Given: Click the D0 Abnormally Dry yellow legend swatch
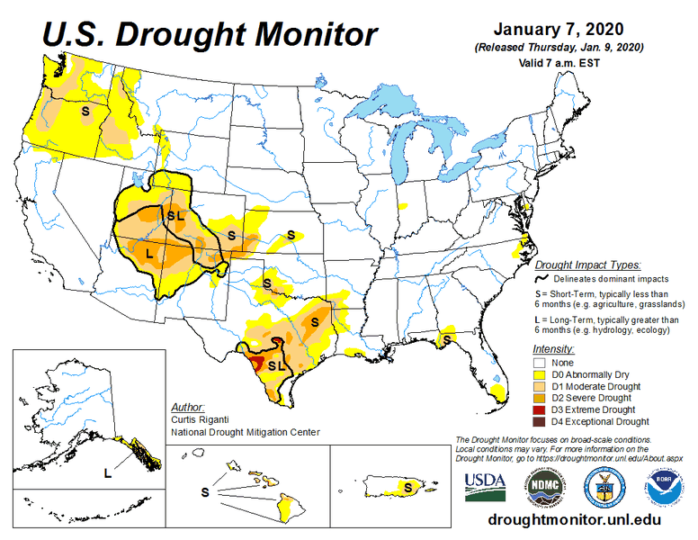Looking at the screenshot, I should pyautogui.click(x=541, y=374).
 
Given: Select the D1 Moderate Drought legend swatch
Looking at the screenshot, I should pyautogui.click(x=541, y=386).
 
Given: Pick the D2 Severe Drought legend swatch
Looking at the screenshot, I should pyautogui.click(x=541, y=398).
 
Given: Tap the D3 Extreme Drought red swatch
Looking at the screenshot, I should pyautogui.click(x=541, y=409).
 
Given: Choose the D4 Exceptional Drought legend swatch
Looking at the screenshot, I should pyautogui.click(x=541, y=421).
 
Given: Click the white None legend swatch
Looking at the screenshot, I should pyautogui.click(x=541, y=363).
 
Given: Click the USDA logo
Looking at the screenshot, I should pyautogui.click(x=486, y=485).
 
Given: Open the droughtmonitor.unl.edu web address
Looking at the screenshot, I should pyautogui.click(x=573, y=520).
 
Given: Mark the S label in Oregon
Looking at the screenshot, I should pyautogui.click(x=85, y=110).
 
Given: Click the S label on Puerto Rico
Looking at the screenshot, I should pyautogui.click(x=407, y=487).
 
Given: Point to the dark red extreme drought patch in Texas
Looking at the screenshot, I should pyautogui.click(x=256, y=363).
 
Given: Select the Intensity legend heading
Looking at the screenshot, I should pyautogui.click(x=553, y=347).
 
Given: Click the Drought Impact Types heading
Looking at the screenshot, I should pyautogui.click(x=587, y=265).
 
